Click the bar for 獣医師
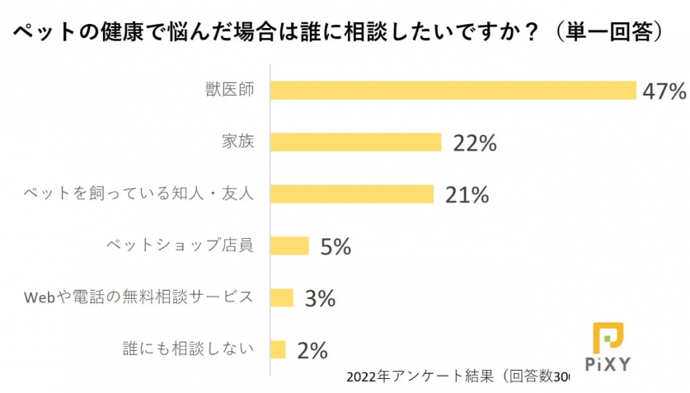(x=453, y=90)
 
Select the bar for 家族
(x=356, y=142)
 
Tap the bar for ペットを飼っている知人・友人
(x=352, y=194)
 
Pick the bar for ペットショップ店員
(x=289, y=246)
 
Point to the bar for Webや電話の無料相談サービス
(x=282, y=297)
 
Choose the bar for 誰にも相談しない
(x=278, y=349)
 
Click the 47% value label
(x=664, y=91)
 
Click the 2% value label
(x=312, y=350)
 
